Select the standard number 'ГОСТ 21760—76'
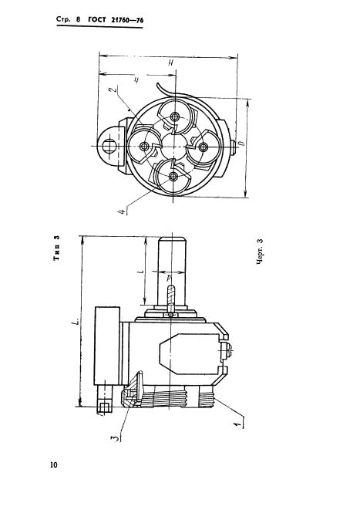[x=116, y=20]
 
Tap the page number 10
[x=54, y=464]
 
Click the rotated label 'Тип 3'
[x=57, y=248]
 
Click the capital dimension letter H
[x=170, y=62]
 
